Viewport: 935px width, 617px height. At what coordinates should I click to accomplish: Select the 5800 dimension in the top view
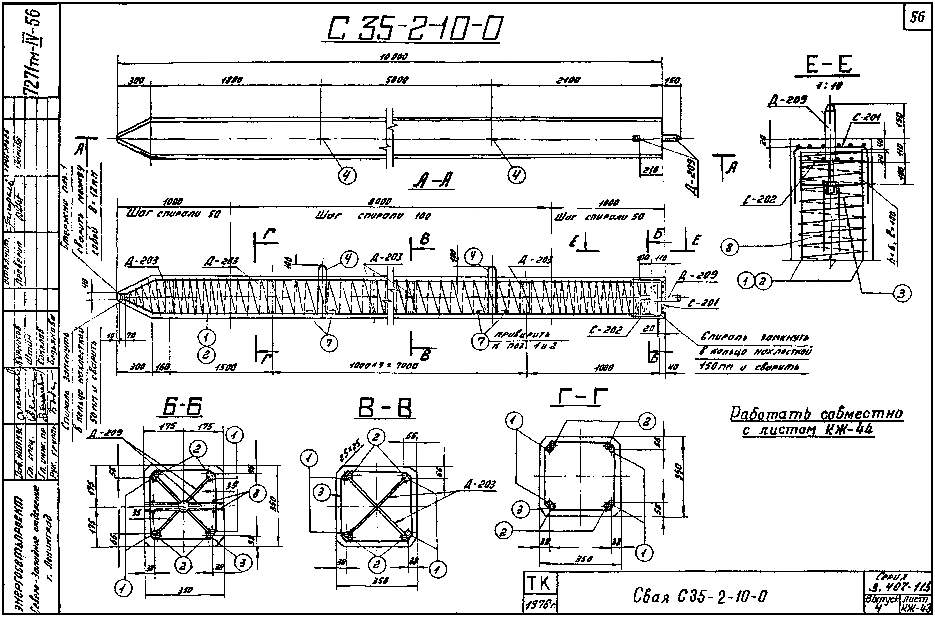click(397, 80)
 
